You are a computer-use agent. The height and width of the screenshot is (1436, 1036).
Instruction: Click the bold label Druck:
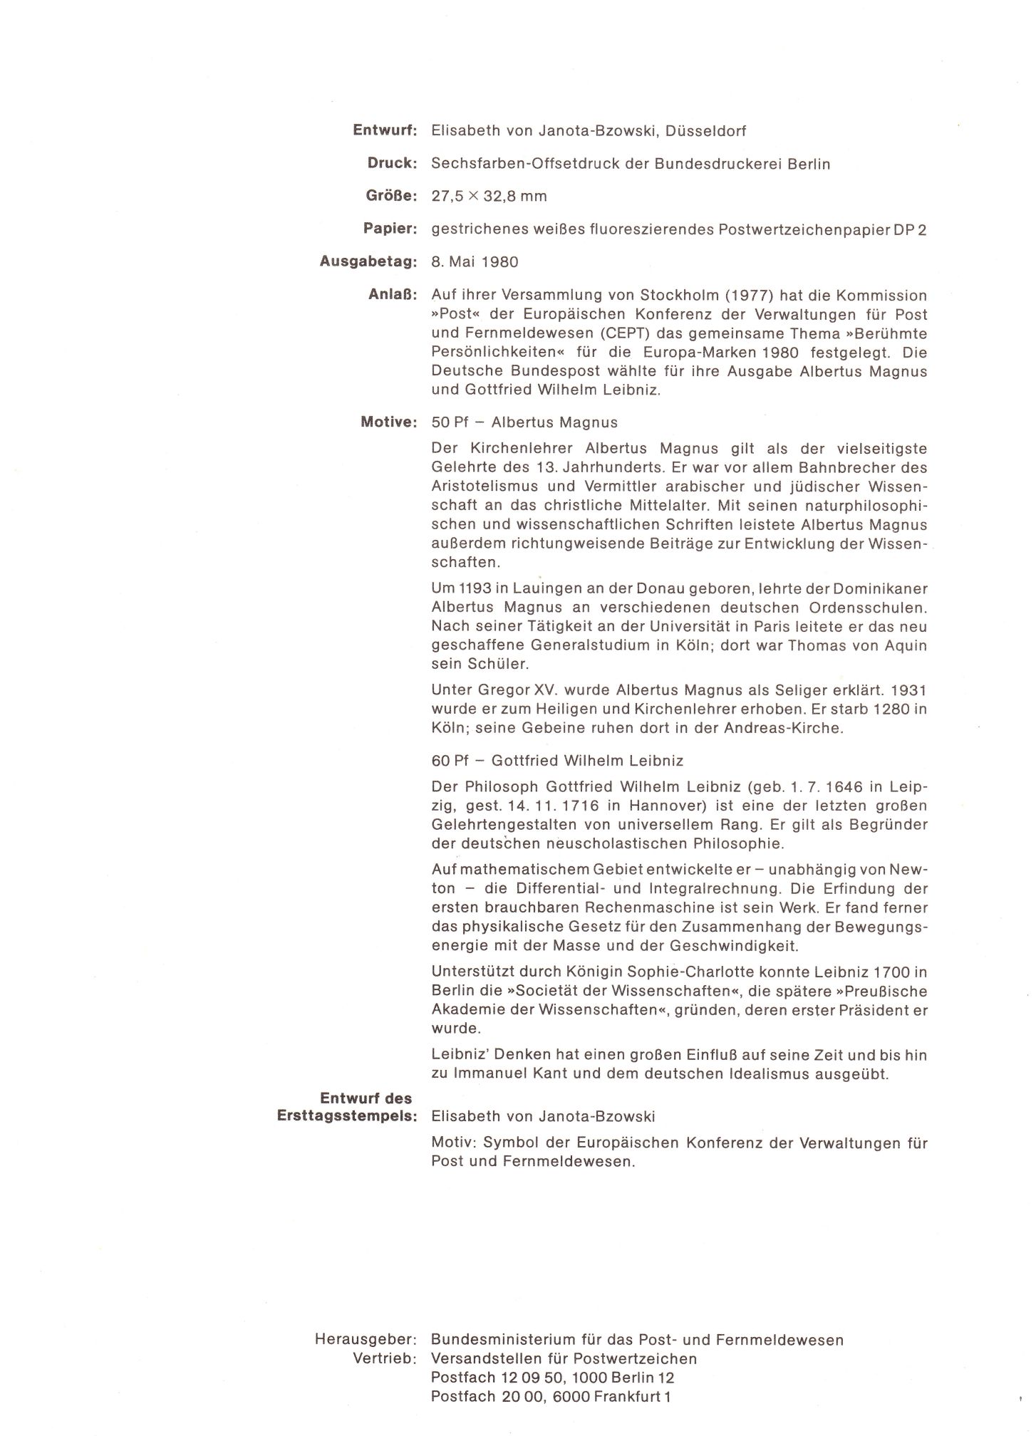coord(391,164)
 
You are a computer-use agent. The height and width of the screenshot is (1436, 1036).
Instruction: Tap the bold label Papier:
coord(389,229)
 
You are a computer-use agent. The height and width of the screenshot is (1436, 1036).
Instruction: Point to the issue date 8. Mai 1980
coord(475,262)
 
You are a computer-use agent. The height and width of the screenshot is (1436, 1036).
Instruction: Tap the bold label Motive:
coord(388,422)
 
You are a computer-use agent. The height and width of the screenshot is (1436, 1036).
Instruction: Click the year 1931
coord(909,690)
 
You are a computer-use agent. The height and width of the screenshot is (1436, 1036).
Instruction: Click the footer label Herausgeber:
coord(366,1340)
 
